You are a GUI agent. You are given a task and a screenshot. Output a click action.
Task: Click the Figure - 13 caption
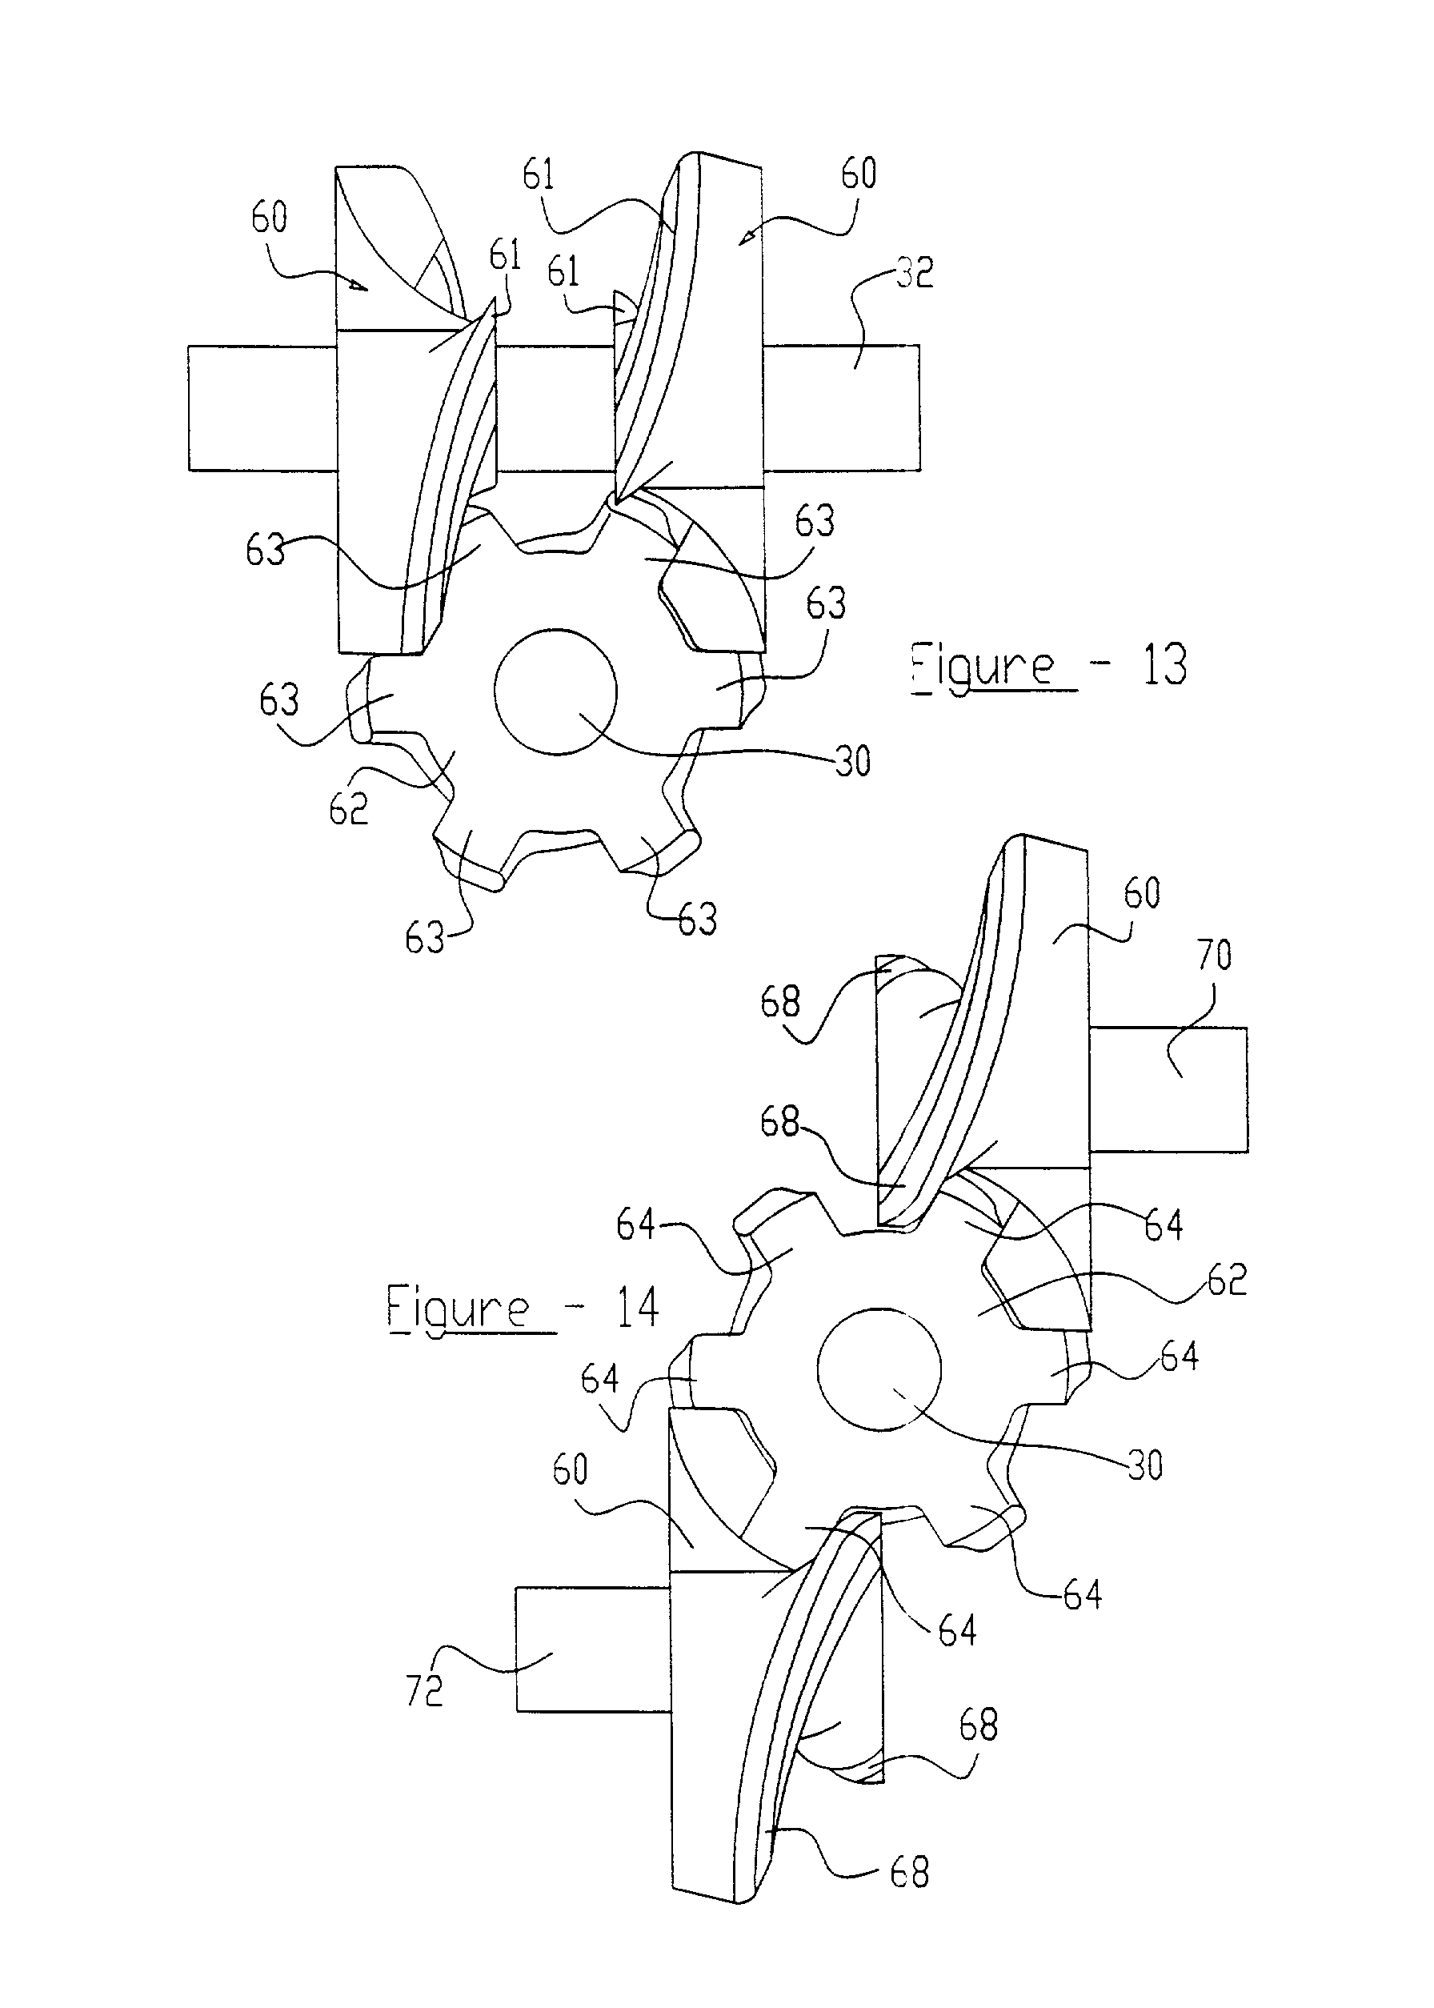tap(1049, 666)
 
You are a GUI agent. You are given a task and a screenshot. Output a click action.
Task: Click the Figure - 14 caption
tap(523, 1308)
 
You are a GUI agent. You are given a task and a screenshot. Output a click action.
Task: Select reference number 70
tap(1214, 956)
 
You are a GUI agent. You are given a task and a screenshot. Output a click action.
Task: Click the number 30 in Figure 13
tap(852, 760)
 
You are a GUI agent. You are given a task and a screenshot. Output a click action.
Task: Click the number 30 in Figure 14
tap(1144, 1466)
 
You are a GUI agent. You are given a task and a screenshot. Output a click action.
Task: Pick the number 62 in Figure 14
tap(1228, 1280)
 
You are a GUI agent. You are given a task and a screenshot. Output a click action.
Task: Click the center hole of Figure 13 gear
tap(555, 692)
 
